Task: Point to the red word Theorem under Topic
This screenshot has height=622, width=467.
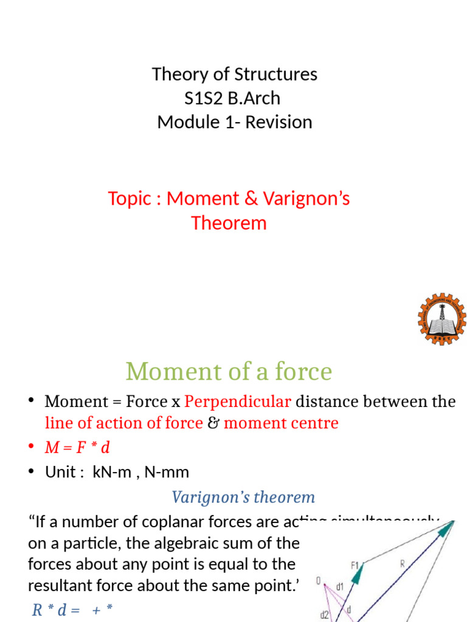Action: point(229,223)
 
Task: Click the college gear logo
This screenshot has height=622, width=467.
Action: point(441,319)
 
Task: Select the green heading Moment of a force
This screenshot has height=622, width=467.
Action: point(229,371)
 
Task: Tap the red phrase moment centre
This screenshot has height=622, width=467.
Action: point(281,423)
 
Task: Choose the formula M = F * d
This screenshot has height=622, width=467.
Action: point(77,448)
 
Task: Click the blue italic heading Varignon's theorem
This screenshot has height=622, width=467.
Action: point(243,497)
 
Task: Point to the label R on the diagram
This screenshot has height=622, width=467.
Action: point(402,563)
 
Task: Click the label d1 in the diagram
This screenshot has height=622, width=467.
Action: point(340,587)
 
